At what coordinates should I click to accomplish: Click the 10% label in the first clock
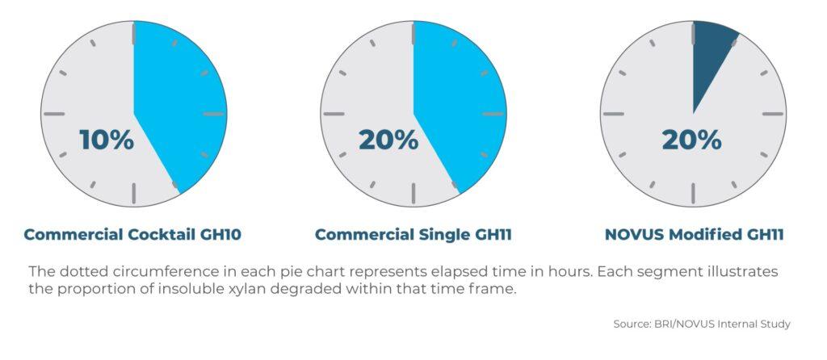pyautogui.click(x=107, y=140)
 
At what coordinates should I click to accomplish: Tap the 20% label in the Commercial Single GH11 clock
pyautogui.click(x=388, y=140)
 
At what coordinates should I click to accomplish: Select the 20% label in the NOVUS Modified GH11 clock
pyautogui.click(x=691, y=140)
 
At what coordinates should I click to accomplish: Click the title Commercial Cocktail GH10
pyautogui.click(x=132, y=235)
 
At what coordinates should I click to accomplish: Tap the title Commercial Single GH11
pyautogui.click(x=413, y=235)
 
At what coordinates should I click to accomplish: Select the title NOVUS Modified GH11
pyautogui.click(x=694, y=235)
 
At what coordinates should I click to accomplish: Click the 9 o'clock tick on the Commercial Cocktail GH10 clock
pyautogui.click(x=54, y=114)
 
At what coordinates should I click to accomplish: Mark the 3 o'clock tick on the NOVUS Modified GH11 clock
pyautogui.click(x=773, y=114)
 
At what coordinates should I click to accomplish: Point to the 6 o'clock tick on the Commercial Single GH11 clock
pyautogui.click(x=413, y=194)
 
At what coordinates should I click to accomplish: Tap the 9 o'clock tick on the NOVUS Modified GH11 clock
pyautogui.click(x=614, y=114)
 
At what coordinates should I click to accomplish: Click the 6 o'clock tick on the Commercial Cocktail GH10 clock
pyautogui.click(x=134, y=194)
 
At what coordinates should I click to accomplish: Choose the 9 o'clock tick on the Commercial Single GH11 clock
pyautogui.click(x=334, y=114)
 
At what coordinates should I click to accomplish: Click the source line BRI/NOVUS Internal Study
pyautogui.click(x=702, y=324)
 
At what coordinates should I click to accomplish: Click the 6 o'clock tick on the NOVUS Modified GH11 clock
pyautogui.click(x=693, y=194)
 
